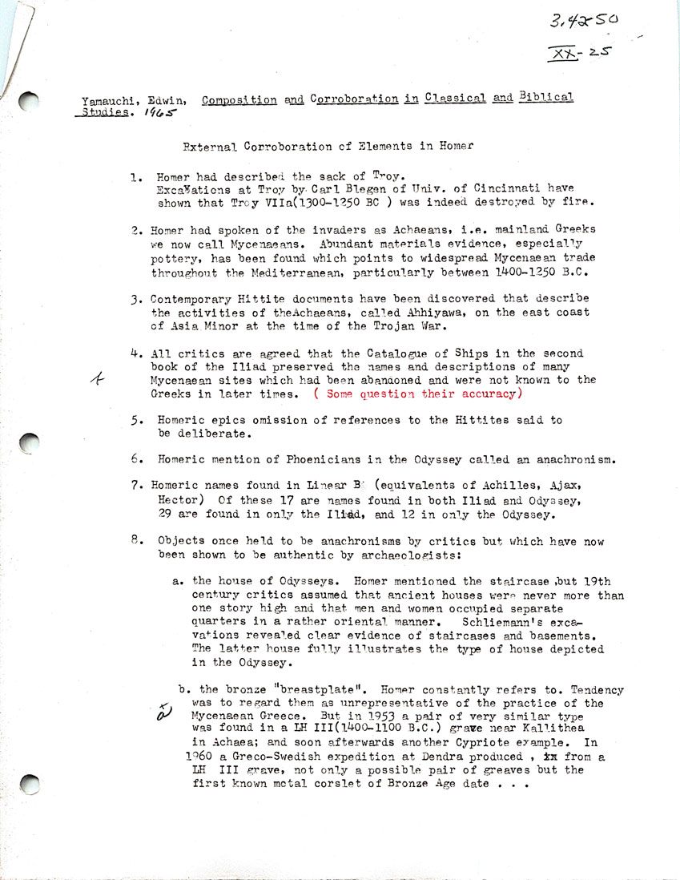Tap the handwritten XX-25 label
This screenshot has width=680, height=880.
click(577, 54)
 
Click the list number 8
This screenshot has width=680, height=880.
click(136, 539)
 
